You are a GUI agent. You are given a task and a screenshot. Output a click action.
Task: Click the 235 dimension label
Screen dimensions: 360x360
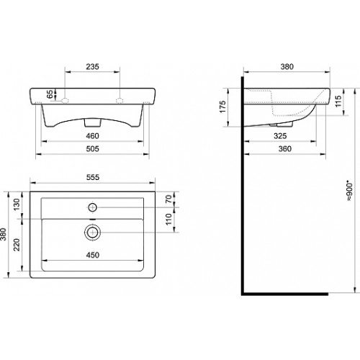pos(92,66)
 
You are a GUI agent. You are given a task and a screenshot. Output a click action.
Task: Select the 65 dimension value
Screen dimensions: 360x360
pos(50,94)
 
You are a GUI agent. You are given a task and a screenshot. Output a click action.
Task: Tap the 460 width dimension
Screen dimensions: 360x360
pos(92,136)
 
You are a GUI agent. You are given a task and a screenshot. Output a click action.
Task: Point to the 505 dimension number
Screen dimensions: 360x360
pos(92,149)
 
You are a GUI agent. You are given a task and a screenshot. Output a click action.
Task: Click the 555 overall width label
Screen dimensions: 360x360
pos(93,177)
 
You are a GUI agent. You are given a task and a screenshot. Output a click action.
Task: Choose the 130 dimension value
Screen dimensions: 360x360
pos(17,204)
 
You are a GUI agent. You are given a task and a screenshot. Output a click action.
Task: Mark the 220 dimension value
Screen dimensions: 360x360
pos(17,245)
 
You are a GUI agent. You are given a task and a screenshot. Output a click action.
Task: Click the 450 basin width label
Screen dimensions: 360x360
pos(93,255)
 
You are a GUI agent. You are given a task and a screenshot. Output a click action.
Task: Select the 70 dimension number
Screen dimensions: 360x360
pos(168,199)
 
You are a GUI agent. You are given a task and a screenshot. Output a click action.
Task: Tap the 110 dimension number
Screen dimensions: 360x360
pos(168,220)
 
